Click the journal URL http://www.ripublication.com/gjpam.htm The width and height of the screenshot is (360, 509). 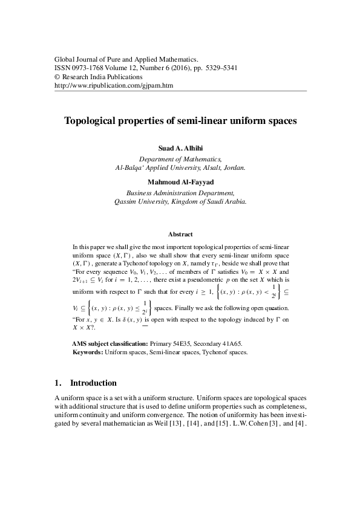tap(114, 86)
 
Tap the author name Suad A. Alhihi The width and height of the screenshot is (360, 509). tap(180, 148)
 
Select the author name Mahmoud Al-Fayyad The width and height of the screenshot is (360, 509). tap(180, 181)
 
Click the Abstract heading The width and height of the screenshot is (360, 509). tap(180, 234)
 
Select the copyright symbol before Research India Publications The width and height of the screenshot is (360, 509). tap(57, 77)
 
